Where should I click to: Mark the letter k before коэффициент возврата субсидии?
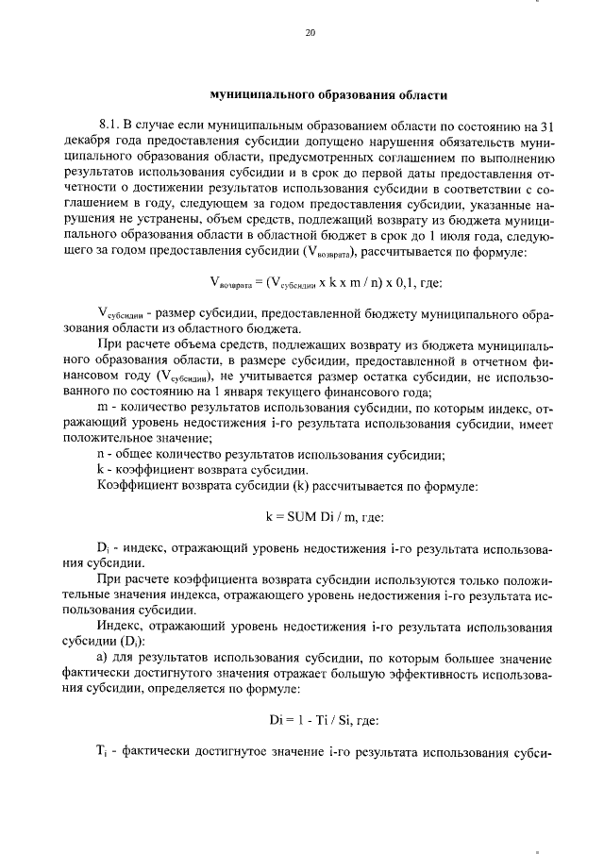pos(101,470)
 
